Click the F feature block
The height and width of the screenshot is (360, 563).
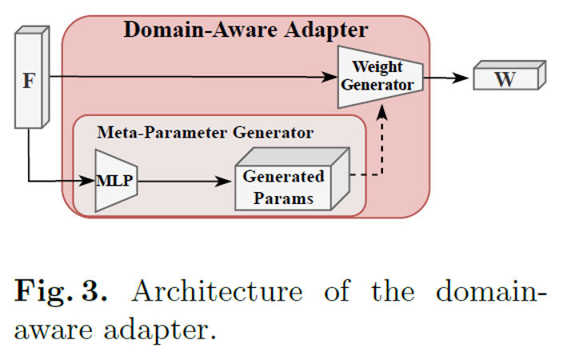tap(29, 80)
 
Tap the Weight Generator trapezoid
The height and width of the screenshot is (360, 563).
tap(380, 76)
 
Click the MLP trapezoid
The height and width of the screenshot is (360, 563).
tap(114, 182)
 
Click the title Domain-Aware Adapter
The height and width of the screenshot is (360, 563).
tap(245, 30)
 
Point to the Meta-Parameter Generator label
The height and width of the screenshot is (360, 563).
tap(206, 132)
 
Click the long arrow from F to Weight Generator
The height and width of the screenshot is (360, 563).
tap(192, 78)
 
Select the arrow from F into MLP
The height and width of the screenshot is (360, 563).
tap(56, 181)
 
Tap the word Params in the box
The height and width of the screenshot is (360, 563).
tap(285, 198)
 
